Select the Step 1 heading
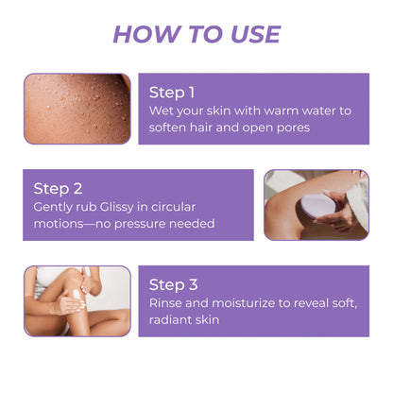(x=172, y=93)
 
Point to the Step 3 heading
(x=173, y=284)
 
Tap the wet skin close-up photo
(x=77, y=108)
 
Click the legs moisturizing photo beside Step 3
(x=77, y=300)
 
